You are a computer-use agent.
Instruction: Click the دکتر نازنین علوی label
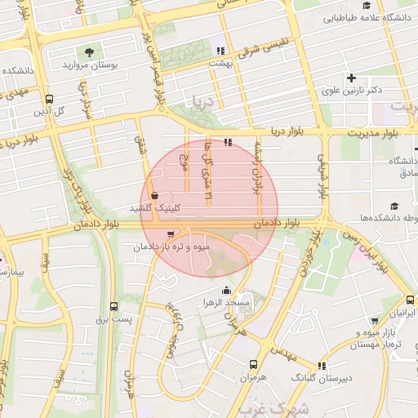(x=354, y=91)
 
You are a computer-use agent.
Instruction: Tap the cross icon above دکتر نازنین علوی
(x=352, y=78)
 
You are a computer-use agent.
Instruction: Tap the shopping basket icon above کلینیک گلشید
(x=155, y=195)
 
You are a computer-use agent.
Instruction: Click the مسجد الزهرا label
(x=226, y=303)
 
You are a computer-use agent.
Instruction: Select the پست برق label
(x=113, y=319)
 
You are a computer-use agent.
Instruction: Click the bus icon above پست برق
(x=113, y=307)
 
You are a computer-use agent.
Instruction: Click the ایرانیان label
(x=401, y=313)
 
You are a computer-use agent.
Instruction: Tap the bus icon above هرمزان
(x=253, y=364)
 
